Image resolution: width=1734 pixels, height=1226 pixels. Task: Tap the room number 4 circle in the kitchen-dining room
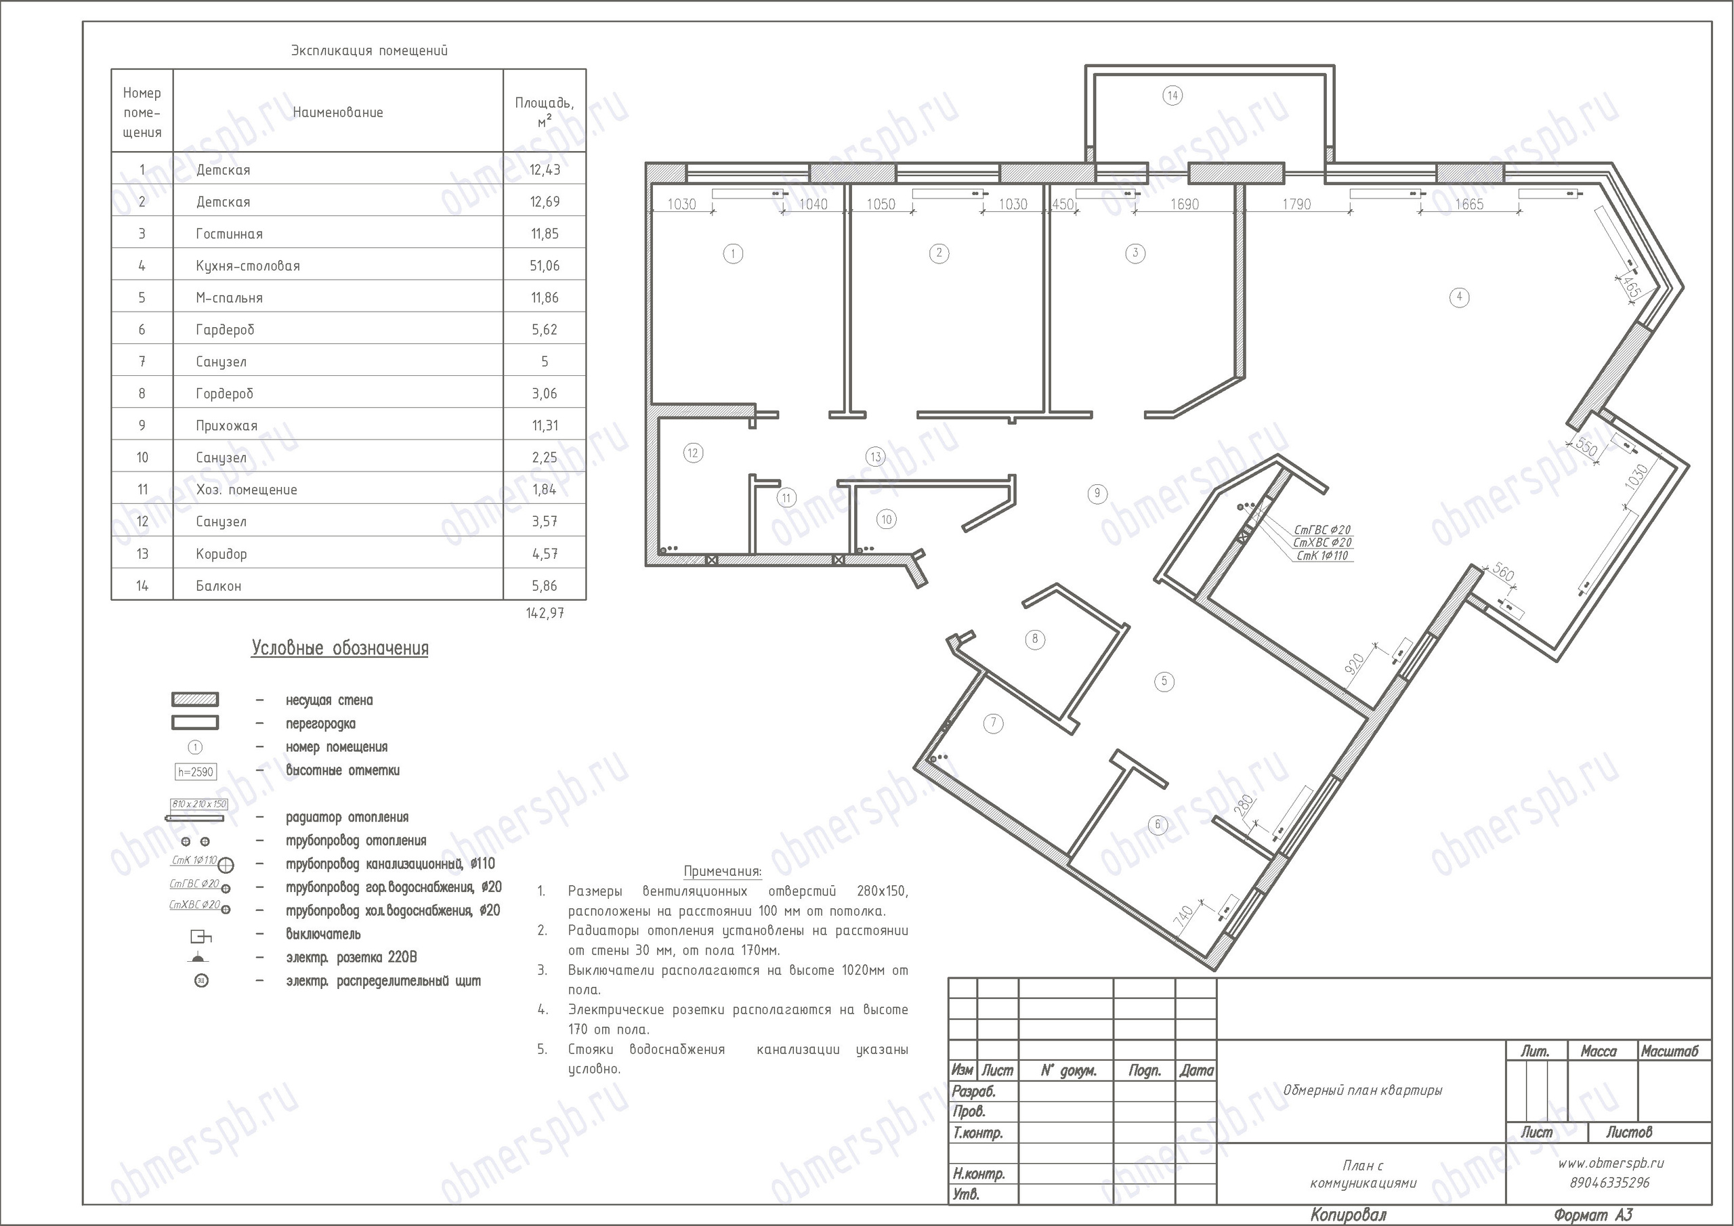pyautogui.click(x=1459, y=297)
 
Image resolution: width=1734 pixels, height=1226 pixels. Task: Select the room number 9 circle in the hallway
pyautogui.click(x=1097, y=494)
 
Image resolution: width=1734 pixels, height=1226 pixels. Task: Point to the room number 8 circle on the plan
pyautogui.click(x=1035, y=639)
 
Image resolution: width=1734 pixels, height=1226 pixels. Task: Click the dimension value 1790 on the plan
pyautogui.click(x=1296, y=204)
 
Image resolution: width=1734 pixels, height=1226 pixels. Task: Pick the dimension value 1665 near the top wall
pyautogui.click(x=1469, y=204)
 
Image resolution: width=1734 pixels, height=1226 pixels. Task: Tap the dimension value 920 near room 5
pyautogui.click(x=1355, y=664)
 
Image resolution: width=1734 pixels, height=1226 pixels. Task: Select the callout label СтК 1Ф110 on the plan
pyautogui.click(x=1322, y=556)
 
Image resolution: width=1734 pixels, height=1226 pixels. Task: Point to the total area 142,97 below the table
pyautogui.click(x=545, y=612)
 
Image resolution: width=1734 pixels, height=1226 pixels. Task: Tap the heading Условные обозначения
pyautogui.click(x=340, y=648)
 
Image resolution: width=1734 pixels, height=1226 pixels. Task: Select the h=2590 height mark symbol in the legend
pyautogui.click(x=196, y=772)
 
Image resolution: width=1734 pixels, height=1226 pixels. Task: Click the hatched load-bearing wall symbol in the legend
pyautogui.click(x=196, y=700)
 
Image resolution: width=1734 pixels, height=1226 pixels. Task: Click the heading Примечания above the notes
pyautogui.click(x=723, y=871)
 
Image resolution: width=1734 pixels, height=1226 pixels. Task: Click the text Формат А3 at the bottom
pyautogui.click(x=1592, y=1214)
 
